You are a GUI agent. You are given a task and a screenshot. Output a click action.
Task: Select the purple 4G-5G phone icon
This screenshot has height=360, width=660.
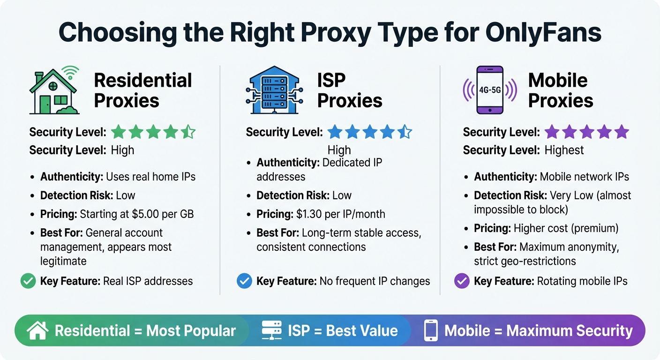tap(489, 90)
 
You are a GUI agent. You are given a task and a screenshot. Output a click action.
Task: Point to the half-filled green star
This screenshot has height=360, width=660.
tap(188, 133)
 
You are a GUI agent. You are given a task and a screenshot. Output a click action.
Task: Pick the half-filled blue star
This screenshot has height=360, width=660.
tap(405, 133)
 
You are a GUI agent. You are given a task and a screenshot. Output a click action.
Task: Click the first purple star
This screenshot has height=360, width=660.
tap(551, 133)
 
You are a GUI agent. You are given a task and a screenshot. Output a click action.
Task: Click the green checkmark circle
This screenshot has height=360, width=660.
tap(28, 281)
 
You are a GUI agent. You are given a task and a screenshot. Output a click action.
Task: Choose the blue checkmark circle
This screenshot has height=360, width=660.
tap(244, 281)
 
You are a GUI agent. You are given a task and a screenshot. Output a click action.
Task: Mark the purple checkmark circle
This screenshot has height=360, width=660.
tap(462, 281)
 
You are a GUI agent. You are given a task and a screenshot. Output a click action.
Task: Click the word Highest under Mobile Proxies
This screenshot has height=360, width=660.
tap(564, 150)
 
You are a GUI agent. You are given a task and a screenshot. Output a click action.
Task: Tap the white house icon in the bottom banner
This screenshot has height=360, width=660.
tap(38, 330)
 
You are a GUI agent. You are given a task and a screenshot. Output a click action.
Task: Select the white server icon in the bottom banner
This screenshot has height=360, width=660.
tap(272, 330)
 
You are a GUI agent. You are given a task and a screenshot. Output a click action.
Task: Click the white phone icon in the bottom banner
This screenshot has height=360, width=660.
tap(430, 330)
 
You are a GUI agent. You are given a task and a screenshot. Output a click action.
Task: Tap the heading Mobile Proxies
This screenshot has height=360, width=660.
tap(560, 90)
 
